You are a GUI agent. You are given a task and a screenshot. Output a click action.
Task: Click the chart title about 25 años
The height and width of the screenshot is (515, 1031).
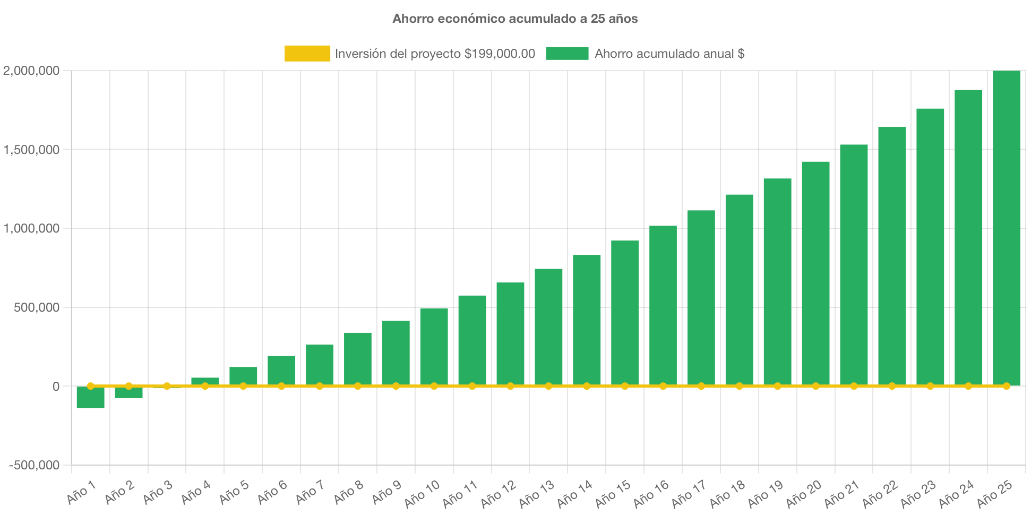pyautogui.click(x=515, y=19)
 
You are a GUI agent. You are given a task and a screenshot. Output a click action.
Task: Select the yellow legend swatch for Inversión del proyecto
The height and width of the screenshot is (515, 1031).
pyautogui.click(x=307, y=53)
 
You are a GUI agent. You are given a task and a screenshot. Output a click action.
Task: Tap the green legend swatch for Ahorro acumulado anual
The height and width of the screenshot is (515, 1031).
pyautogui.click(x=566, y=53)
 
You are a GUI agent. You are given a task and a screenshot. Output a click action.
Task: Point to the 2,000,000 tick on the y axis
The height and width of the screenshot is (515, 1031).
pyautogui.click(x=31, y=71)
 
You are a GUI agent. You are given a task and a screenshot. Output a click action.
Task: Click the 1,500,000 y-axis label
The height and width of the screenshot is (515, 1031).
pyautogui.click(x=31, y=150)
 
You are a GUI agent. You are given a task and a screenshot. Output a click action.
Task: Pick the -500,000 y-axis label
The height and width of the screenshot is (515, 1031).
pyautogui.click(x=35, y=465)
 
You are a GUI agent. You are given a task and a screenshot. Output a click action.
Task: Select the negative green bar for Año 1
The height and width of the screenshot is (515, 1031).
pyautogui.click(x=90, y=398)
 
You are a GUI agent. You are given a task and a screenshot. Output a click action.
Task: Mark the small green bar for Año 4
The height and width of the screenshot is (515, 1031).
pyautogui.click(x=205, y=381)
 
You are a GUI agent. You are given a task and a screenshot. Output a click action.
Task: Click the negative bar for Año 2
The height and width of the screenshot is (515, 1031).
pyautogui.click(x=128, y=393)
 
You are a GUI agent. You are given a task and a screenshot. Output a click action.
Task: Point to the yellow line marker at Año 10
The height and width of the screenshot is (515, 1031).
pyautogui.click(x=434, y=386)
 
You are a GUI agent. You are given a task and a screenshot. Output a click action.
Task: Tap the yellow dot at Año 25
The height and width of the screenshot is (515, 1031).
pyautogui.click(x=1006, y=386)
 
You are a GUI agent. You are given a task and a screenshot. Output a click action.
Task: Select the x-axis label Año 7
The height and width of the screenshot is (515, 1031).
pyautogui.click(x=310, y=492)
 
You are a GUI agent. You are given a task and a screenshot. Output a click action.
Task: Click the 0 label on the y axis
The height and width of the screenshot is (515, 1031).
pyautogui.click(x=56, y=387)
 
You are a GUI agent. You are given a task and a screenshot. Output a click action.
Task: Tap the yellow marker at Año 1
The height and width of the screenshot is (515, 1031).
pyautogui.click(x=90, y=386)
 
